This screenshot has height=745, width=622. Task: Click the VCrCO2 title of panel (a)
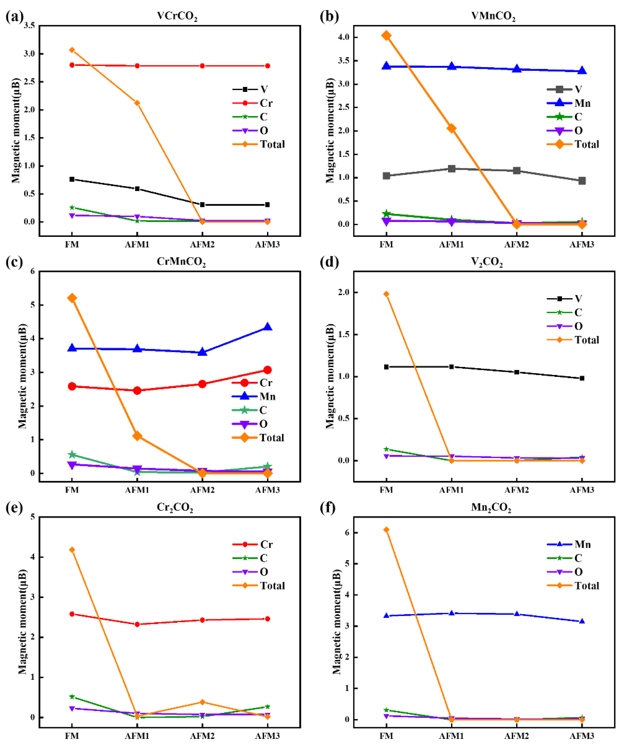(177, 16)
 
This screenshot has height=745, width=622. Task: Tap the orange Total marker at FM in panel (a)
(72, 50)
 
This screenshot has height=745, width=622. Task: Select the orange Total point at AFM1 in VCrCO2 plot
(137, 103)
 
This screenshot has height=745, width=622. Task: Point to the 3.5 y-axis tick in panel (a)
(30, 25)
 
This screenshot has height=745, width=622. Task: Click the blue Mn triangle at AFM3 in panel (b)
(582, 71)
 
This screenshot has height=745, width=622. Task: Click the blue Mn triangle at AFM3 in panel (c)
(268, 327)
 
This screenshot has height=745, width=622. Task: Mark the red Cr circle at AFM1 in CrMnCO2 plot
(137, 391)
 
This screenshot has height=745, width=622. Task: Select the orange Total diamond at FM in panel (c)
(72, 298)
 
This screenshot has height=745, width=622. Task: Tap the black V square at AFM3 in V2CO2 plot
(582, 378)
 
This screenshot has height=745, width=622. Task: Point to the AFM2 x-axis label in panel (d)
(517, 490)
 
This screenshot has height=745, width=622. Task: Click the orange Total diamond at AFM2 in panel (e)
(202, 702)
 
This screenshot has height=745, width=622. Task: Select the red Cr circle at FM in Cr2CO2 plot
(72, 614)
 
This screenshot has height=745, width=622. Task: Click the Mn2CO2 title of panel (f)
(491, 508)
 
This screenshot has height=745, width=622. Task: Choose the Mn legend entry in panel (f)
(582, 544)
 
